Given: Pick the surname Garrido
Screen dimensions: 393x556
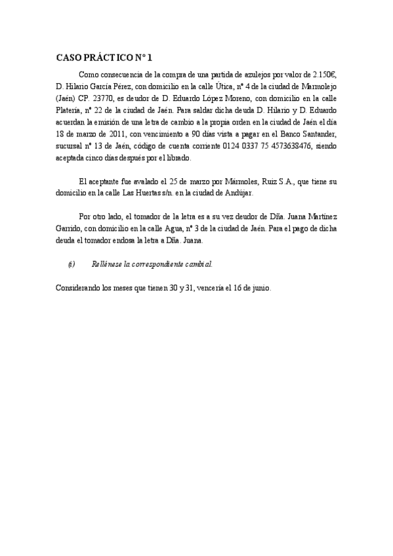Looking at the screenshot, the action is (x=70, y=229).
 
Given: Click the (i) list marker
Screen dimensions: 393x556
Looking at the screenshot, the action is (x=71, y=264).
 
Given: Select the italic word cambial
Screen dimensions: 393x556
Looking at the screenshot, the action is (x=198, y=264).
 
